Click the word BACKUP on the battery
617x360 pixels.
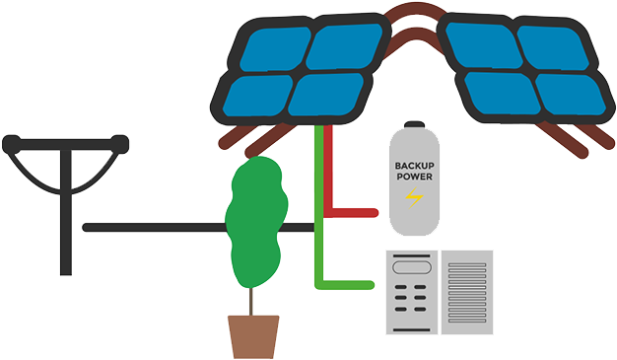[414, 166]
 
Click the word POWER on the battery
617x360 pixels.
[414, 178]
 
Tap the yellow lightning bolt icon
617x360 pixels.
[414, 199]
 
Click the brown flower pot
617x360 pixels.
[253, 336]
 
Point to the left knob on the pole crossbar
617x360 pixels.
[10, 143]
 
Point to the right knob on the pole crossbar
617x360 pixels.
[121, 143]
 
